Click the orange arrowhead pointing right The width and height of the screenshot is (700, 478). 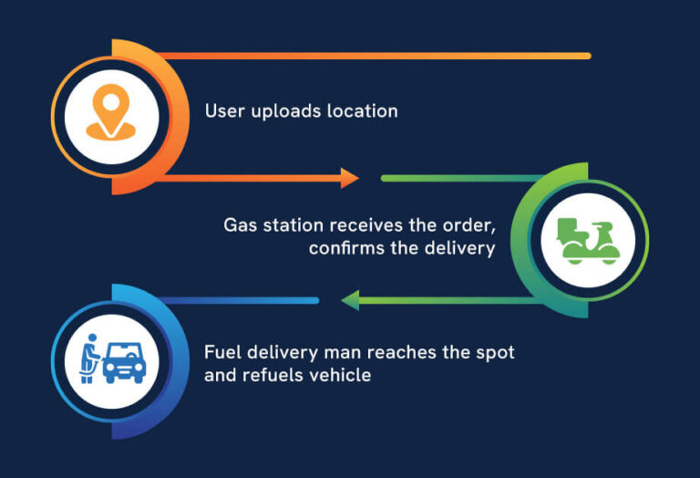(350, 178)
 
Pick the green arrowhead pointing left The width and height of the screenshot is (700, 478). (349, 300)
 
